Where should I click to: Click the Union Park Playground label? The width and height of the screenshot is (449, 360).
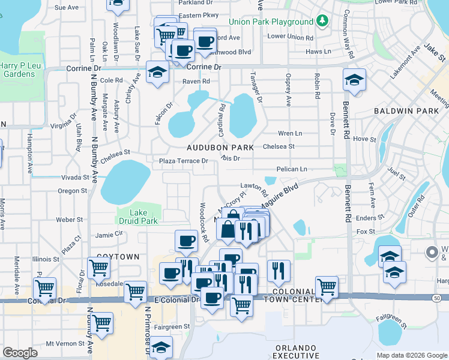point(274,22)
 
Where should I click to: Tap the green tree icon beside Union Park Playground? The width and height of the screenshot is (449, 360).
point(323,21)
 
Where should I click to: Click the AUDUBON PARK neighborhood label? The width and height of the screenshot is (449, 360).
point(220,147)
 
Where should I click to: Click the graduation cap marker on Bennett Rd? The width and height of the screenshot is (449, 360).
point(354,80)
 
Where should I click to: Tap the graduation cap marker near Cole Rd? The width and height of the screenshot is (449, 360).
point(158,73)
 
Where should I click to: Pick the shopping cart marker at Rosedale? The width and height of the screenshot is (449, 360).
point(98,269)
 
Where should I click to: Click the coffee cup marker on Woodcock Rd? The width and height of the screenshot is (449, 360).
point(186,241)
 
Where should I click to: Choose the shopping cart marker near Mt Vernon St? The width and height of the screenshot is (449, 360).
point(102,323)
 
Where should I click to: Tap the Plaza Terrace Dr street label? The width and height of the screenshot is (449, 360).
point(184,161)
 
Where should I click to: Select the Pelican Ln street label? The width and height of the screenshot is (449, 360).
point(292,169)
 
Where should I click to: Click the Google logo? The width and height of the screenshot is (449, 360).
point(20,353)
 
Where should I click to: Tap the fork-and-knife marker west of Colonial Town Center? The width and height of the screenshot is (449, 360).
point(278,271)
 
